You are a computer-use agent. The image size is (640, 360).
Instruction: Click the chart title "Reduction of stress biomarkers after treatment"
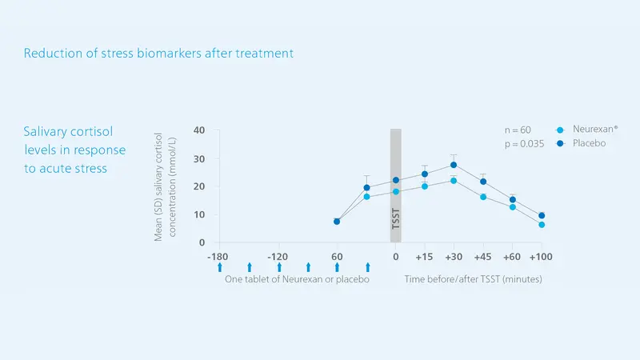click(158, 54)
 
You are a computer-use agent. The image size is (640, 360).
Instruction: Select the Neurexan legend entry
click(587, 130)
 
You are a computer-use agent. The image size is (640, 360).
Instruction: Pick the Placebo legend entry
click(582, 143)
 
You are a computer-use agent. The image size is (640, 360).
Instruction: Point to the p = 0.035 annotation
click(524, 144)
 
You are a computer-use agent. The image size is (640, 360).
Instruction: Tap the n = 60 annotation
click(518, 130)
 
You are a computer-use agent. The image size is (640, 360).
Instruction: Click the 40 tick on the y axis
click(199, 130)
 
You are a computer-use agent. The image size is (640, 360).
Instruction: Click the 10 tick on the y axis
click(199, 214)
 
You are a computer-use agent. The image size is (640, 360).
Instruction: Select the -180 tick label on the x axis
click(218, 257)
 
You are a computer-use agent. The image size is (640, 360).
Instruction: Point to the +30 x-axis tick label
click(454, 257)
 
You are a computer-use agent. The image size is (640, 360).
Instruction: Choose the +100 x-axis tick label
click(541, 257)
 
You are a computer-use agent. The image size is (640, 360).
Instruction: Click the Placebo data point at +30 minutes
click(454, 165)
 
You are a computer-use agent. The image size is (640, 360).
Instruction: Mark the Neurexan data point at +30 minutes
click(454, 181)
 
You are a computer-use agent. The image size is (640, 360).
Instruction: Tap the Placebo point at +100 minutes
click(542, 215)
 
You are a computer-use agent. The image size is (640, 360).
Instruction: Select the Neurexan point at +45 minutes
click(483, 197)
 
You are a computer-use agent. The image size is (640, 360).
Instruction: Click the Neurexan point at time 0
click(396, 192)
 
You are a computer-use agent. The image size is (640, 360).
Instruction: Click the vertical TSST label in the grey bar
click(395, 218)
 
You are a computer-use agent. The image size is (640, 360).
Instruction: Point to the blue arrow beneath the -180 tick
click(220, 267)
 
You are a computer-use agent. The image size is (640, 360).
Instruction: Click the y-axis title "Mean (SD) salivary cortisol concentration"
click(165, 186)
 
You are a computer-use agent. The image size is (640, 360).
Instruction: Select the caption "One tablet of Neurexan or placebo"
click(297, 279)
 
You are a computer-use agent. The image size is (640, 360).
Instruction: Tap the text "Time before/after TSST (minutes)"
click(473, 279)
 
